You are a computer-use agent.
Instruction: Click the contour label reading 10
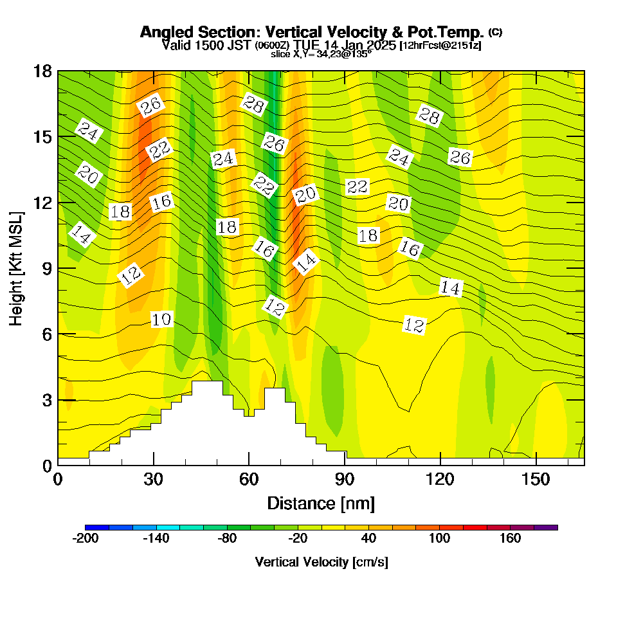tap(162, 319)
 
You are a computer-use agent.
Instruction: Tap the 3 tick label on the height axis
tap(47, 399)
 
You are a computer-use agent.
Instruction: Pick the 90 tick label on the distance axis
tap(345, 479)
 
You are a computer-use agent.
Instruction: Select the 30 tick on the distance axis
tap(153, 479)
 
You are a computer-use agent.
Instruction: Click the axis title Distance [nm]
tap(321, 503)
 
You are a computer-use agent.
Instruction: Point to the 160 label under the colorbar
tap(511, 538)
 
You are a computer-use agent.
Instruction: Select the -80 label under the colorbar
tap(227, 538)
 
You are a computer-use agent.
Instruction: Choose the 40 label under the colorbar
tap(369, 538)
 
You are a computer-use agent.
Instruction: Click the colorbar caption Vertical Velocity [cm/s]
tap(321, 562)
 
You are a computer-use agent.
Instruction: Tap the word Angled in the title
tap(162, 32)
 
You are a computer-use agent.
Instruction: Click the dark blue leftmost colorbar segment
tap(97, 527)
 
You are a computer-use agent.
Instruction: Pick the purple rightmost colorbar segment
tap(546, 527)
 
